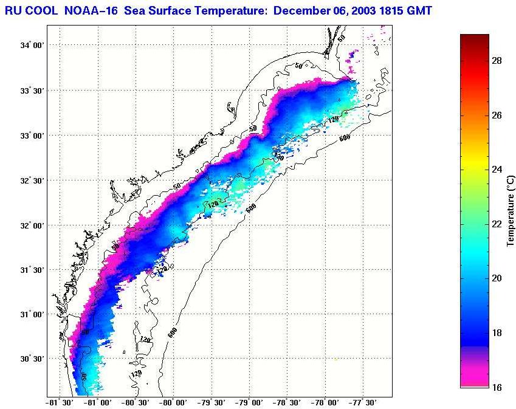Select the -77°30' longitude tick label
[363, 403]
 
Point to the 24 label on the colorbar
[497, 170]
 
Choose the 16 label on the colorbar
[497, 387]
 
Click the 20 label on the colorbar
[497, 278]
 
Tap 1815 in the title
[390, 10]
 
